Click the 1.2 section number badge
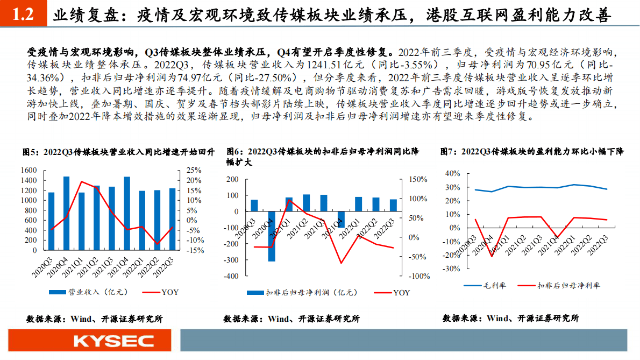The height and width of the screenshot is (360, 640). click(23, 15)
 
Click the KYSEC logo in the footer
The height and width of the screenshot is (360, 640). click(113, 341)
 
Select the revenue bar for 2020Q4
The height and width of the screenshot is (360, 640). click(67, 213)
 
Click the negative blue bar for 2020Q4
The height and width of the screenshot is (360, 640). click(272, 236)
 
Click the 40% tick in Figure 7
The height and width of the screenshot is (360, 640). click(453, 173)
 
